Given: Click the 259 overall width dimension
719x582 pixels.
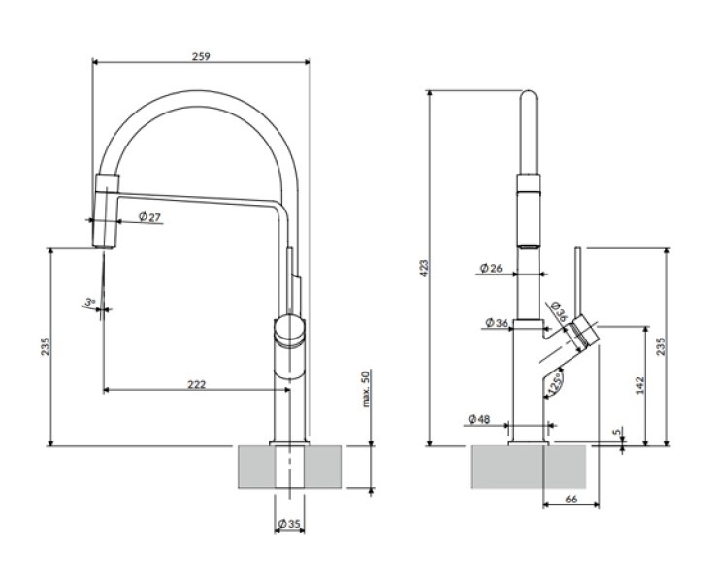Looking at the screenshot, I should pos(202,55).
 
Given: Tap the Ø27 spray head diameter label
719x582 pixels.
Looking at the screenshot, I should pos(149,216).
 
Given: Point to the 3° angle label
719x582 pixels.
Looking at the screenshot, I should pos(89,303).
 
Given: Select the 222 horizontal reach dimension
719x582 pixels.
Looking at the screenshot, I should pos(196,384).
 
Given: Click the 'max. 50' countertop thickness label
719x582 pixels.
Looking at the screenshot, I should pos(366,388).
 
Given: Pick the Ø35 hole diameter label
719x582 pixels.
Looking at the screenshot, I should pos(292,525).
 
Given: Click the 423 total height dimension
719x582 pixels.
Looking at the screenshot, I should pos(423,268).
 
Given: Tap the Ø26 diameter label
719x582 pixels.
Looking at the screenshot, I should pos(491,268).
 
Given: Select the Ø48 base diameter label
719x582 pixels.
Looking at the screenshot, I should pos(478,419).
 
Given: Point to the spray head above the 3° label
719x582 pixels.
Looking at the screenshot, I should pos(106,209).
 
